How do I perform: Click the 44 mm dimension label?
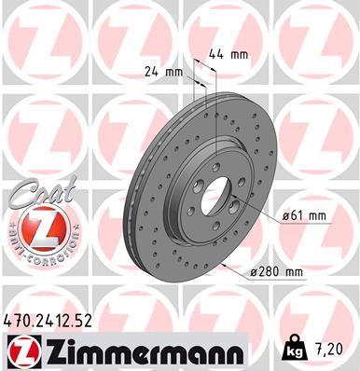[x=228, y=54]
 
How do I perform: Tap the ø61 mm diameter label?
[x=304, y=216]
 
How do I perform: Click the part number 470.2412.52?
[x=53, y=322]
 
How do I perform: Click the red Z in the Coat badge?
[x=35, y=227]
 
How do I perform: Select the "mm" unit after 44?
[x=239, y=54]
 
